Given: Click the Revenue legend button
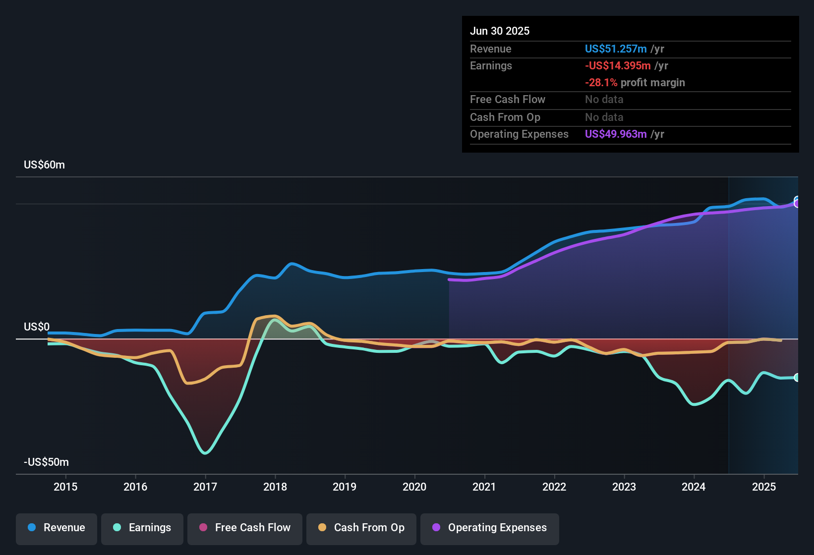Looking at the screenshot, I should coord(57,528).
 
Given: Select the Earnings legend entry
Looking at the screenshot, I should coord(142,528).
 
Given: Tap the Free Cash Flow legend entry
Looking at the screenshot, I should coord(245,528).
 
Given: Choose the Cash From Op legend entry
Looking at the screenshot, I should coord(361,528).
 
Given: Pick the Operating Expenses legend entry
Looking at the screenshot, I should coord(490,528).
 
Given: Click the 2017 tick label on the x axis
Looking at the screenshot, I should coord(205,487).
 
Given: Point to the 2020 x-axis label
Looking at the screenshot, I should coord(414,487).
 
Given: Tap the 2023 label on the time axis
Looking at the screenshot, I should coord(624,487).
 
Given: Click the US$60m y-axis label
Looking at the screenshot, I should coord(44,165).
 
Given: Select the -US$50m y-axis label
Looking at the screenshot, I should coord(46,462).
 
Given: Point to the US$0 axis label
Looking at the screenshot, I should coord(37,327).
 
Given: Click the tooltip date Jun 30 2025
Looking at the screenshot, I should coord(500,31).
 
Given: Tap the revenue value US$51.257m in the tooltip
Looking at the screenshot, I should coord(616,49).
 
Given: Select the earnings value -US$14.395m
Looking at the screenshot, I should coord(618,66).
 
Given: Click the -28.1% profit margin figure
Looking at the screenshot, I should coord(601,83).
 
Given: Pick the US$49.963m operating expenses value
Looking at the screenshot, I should coord(616,134).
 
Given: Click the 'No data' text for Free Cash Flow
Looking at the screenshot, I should coord(604,100).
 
